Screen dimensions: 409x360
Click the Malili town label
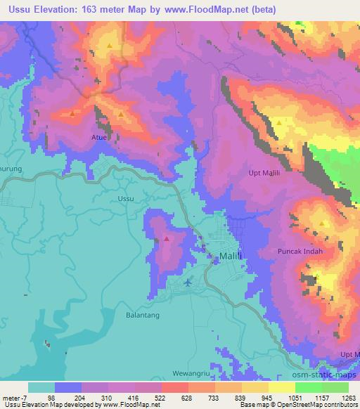point(231,257)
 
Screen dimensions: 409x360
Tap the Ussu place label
point(126,199)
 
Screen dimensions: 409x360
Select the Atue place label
point(98,137)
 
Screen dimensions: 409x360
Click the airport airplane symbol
point(188,283)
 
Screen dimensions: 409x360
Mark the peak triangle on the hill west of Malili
point(166,238)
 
